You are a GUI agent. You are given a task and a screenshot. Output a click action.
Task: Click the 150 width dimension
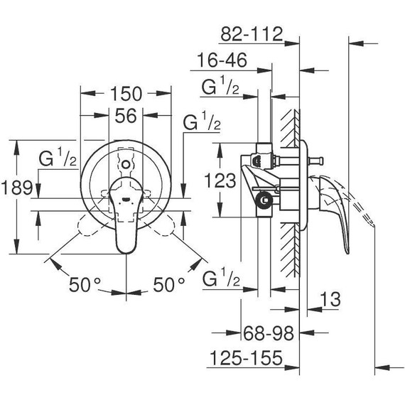pyautogui.click(x=126, y=94)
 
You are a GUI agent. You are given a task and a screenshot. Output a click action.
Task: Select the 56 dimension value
pyautogui.click(x=126, y=117)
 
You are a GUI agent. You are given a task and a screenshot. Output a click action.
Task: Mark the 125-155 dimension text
pyautogui.click(x=245, y=357)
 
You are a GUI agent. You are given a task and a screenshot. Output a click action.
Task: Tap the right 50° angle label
pyautogui.click(x=168, y=285)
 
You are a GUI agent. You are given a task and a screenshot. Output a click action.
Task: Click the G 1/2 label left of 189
pyautogui.click(x=58, y=158)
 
